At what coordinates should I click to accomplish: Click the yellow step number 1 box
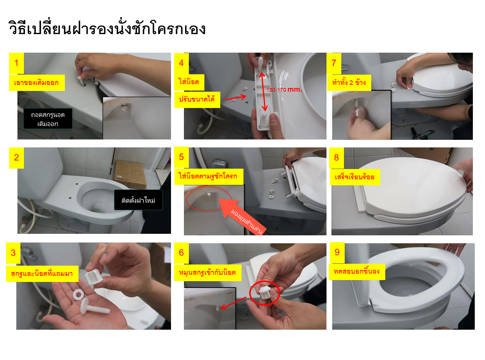point(16,63)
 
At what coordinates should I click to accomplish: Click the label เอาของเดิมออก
point(37,83)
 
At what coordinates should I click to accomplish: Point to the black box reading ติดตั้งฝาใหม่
point(138,200)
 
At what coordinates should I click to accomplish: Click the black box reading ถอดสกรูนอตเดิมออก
point(48,119)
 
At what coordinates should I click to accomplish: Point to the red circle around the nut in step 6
point(265,291)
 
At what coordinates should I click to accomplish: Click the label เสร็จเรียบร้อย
point(356,177)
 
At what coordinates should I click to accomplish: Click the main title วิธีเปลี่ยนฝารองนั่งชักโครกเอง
point(107,29)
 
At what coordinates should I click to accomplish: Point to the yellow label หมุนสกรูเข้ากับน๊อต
point(208,272)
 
